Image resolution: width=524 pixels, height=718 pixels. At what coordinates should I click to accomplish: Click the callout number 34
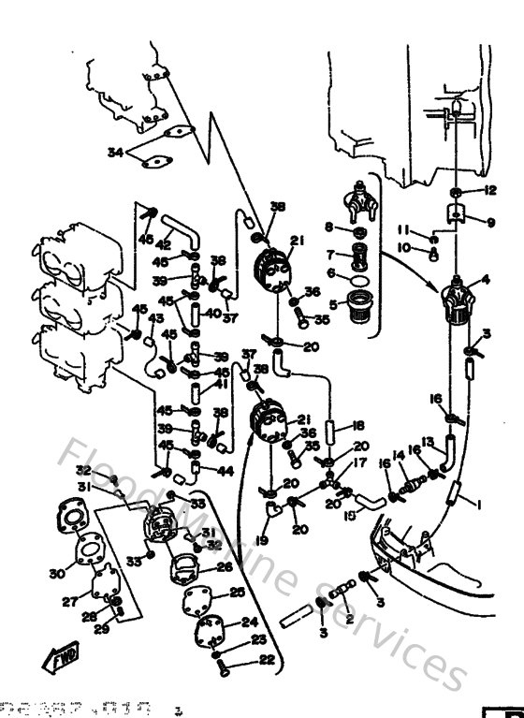(116, 152)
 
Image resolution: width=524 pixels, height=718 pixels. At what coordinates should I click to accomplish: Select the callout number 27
(68, 602)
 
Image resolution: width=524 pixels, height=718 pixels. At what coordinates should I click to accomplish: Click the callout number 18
(359, 426)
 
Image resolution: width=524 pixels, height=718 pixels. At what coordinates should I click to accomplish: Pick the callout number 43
(155, 317)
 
